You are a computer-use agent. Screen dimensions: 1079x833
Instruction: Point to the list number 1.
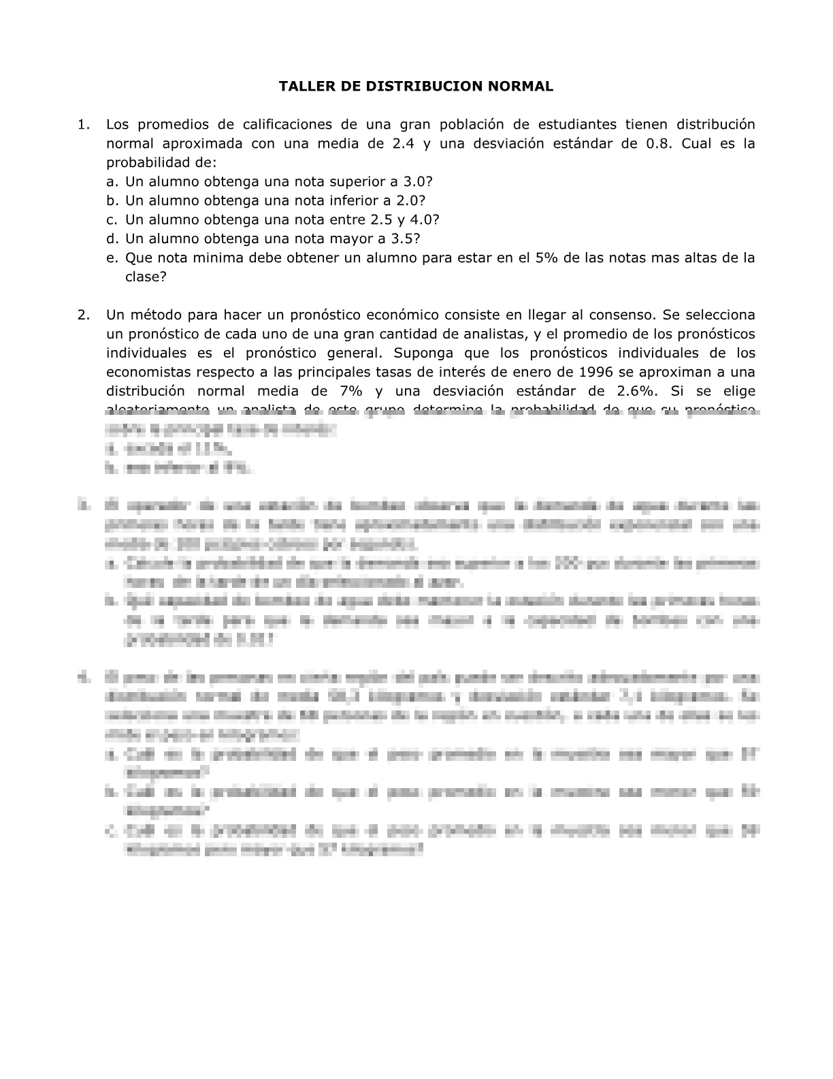83,125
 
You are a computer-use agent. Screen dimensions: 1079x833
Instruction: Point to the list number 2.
83,315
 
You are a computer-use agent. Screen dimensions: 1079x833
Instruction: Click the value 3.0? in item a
418,182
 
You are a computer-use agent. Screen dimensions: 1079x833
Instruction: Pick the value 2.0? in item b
410,201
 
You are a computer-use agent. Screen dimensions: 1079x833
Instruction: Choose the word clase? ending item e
146,277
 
